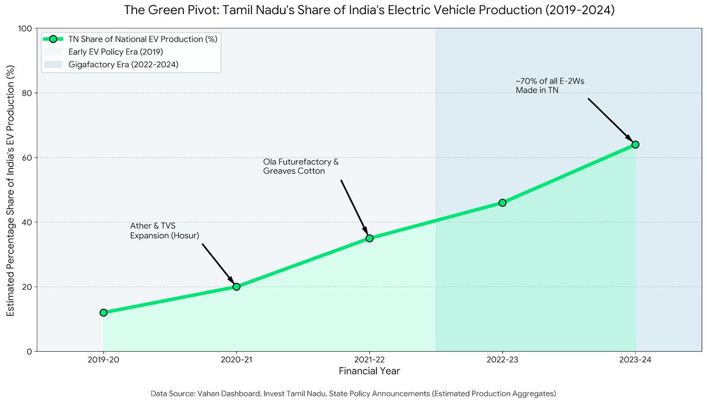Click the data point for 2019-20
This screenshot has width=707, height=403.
click(x=104, y=313)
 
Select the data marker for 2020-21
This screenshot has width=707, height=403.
click(x=236, y=287)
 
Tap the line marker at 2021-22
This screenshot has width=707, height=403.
click(x=369, y=238)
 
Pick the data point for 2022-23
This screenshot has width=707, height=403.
click(x=503, y=203)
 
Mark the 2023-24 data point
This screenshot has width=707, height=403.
click(x=635, y=144)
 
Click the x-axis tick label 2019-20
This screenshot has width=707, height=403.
click(x=104, y=359)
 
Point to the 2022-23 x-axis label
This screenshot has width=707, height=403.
click(x=503, y=359)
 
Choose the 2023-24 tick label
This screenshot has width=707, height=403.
click(x=635, y=359)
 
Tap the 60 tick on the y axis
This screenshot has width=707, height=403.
click(x=27, y=158)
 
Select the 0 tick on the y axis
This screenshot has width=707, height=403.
click(x=29, y=352)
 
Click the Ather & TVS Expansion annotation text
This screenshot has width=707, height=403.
click(x=164, y=231)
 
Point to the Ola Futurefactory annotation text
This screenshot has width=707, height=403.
click(x=300, y=166)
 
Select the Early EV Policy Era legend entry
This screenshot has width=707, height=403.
click(x=120, y=52)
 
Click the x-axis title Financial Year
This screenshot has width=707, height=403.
click(x=369, y=372)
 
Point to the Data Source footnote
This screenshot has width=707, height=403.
click(x=353, y=393)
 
